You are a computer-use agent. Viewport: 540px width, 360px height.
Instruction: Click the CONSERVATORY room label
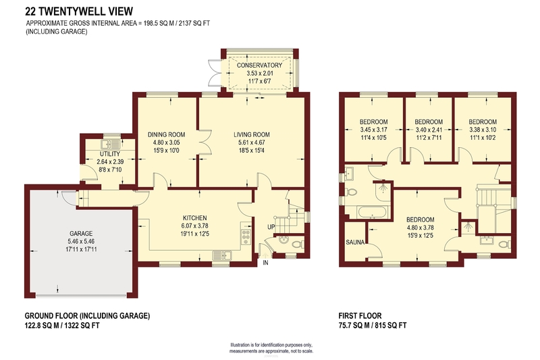coord(259,65)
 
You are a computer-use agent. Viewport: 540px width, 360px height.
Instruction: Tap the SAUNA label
coord(355,242)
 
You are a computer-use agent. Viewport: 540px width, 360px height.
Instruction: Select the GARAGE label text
coord(81,233)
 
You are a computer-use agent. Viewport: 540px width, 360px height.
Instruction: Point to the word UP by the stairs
coord(271,227)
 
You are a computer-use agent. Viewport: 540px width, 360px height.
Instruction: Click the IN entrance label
coord(265,263)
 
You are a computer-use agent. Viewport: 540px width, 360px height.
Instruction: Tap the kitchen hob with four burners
coord(246,236)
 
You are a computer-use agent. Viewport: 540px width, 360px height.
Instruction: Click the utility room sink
coord(110,144)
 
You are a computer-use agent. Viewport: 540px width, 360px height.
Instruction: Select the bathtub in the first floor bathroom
coord(373,212)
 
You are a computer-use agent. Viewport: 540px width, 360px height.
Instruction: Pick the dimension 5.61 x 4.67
coord(252,143)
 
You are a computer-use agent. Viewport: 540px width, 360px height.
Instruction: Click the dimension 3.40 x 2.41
coord(429,130)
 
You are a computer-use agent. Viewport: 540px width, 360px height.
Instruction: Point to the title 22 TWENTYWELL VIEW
coord(79,11)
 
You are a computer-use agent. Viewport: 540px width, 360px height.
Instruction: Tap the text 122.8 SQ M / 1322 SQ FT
coord(62,325)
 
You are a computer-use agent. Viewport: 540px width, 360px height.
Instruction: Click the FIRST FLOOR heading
coord(360,315)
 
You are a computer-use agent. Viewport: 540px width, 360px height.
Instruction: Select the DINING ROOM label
coord(166,134)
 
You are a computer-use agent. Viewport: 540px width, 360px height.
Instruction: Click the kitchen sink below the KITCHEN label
coord(223,255)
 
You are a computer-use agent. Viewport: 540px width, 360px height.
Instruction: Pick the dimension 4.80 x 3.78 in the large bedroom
coord(421,228)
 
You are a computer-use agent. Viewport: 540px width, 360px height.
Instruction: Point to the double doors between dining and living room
coord(205,142)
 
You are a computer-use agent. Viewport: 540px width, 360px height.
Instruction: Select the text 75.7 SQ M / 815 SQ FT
coord(373,325)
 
